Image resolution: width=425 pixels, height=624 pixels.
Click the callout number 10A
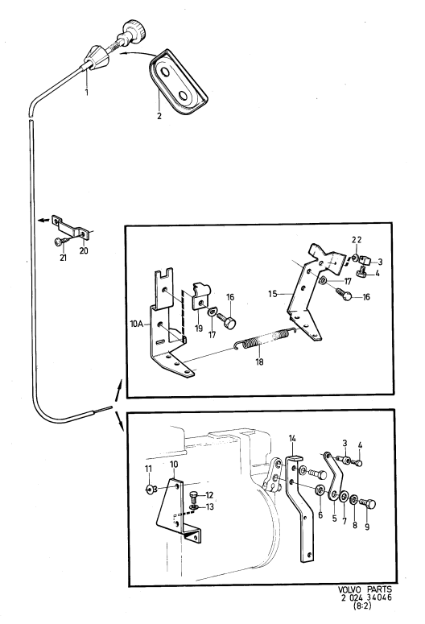coord(137,324)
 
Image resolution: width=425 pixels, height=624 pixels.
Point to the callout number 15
coord(273,294)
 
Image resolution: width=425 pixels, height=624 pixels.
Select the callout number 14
coord(292,439)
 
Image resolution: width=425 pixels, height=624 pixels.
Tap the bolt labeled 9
coord(368,504)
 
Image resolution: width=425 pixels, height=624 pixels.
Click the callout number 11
coord(148,469)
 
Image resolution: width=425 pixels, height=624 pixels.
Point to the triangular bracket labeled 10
coord(177,511)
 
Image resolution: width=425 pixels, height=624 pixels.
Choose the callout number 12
coord(209,495)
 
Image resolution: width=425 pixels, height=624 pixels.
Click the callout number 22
coord(357,240)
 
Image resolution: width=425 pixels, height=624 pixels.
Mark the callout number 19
coord(199,328)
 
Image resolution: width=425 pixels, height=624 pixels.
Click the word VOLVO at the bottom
coord(349,589)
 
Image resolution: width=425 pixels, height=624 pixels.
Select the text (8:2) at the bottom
coord(362,606)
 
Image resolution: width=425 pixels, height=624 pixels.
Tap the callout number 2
coord(159,116)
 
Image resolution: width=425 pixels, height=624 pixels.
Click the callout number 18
coord(259,362)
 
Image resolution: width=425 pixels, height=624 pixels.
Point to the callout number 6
coord(320,515)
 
